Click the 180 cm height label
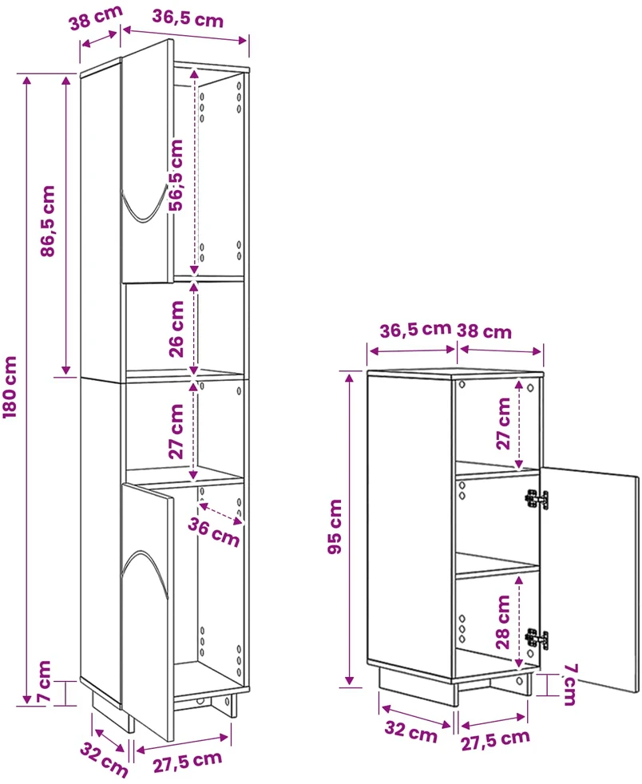10,387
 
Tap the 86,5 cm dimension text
47,221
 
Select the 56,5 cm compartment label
176,175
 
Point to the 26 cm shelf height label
176,329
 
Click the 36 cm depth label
214,532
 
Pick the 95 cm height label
335,526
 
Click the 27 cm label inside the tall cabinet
176,431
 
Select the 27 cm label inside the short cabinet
503,423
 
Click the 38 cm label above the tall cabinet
96,18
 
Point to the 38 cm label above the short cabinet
484,331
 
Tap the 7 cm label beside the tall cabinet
45,680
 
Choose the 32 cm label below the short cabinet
410,731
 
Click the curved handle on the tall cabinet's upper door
144,204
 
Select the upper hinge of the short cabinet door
537,499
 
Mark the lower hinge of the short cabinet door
537,639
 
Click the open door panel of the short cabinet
589,580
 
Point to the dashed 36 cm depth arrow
221,513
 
